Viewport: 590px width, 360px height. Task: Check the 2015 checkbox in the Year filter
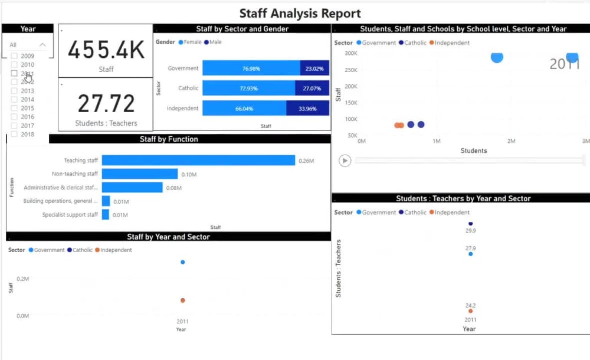[x=14, y=108]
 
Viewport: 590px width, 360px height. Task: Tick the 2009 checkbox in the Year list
[x=14, y=56]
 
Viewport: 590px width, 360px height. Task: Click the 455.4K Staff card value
[x=106, y=50]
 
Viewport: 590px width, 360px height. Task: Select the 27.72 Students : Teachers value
[x=106, y=103]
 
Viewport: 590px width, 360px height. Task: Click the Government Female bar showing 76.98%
[x=251, y=68]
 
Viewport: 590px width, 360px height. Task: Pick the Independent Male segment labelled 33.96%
[x=307, y=109]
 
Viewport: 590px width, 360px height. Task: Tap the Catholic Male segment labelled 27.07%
[x=312, y=89]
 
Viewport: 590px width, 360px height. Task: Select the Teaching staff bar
[x=198, y=161]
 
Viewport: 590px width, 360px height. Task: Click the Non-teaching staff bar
[x=139, y=174]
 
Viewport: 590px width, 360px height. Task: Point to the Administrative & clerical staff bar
[x=132, y=188]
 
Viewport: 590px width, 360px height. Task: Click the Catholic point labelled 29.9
[x=470, y=224]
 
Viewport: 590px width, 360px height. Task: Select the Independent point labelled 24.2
[x=470, y=311]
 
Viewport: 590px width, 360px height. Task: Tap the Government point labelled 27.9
[x=470, y=254]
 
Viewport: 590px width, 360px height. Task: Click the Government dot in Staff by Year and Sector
[x=182, y=262]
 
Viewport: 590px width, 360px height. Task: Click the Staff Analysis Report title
[x=300, y=13]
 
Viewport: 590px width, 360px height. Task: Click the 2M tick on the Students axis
[x=511, y=142]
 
